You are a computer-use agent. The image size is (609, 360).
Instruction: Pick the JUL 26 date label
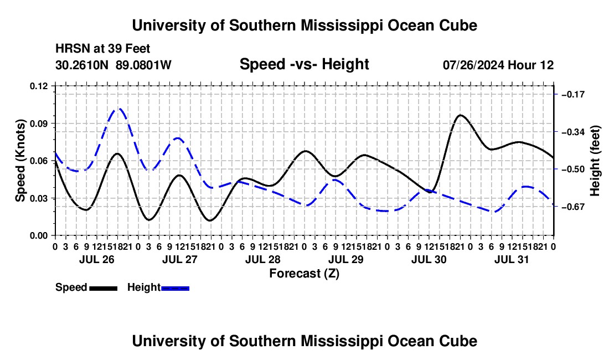point(97,259)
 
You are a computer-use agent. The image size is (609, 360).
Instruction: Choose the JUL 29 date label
point(345,259)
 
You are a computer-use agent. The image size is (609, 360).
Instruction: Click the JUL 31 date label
point(512,259)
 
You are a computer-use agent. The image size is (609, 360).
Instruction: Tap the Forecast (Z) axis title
point(304,274)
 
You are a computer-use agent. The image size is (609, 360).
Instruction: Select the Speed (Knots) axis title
point(20,161)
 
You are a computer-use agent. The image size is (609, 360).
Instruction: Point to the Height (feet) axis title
point(595,161)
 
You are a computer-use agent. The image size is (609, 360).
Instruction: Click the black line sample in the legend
point(104,288)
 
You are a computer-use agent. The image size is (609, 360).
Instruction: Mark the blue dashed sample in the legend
point(175,288)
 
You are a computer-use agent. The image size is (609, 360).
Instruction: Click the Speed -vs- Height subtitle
point(304,64)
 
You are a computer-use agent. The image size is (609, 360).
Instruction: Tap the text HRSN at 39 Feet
point(102,49)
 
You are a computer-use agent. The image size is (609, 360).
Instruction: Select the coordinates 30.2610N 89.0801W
point(113,65)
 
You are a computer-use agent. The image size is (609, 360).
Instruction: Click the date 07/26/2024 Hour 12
point(498,65)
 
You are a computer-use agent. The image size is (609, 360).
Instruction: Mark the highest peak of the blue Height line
point(118,109)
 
